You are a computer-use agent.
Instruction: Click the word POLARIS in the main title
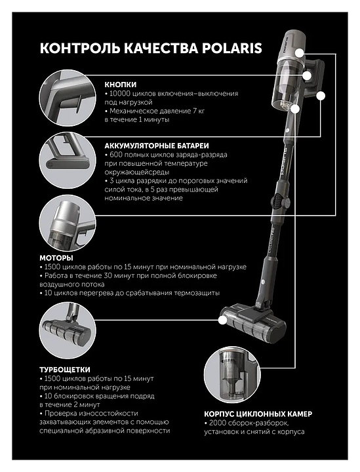pos(231,48)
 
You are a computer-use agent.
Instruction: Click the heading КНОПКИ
pos(121,85)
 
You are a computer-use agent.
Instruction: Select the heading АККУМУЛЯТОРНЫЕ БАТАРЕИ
pos(157,146)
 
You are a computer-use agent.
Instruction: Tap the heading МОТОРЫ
pos(56,258)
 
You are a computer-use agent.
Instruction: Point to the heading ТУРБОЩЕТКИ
pos(65,370)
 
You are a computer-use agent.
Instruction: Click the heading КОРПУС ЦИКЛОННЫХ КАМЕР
pos(258,414)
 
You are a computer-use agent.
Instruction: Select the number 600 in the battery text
pos(116,155)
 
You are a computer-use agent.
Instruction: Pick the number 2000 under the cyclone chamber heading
pos(217,423)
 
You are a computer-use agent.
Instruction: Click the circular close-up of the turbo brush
pos(68,330)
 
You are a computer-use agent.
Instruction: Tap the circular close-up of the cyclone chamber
pos(232,374)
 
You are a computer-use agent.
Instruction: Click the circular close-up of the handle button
pos(68,98)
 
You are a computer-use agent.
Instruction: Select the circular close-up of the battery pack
pos(68,160)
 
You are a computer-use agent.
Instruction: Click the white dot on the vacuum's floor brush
pos(222,321)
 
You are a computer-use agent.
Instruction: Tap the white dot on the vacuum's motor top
pos(300,53)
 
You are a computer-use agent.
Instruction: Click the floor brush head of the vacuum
pos(253,325)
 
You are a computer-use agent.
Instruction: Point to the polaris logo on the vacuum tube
pos(283,162)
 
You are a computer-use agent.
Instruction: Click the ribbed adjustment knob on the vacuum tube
pos(278,201)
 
